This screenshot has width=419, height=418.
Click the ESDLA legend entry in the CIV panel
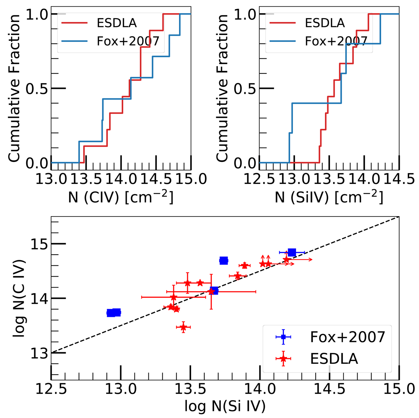click(x=116, y=23)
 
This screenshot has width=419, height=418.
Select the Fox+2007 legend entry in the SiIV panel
click(x=336, y=41)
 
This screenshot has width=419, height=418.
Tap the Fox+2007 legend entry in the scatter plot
click(x=347, y=337)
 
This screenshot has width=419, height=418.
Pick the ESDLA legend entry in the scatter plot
click(x=333, y=359)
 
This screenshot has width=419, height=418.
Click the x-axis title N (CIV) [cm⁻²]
click(x=120, y=198)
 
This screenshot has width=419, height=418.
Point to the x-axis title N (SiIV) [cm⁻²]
click(x=329, y=198)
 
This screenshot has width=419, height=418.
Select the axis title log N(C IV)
click(x=20, y=298)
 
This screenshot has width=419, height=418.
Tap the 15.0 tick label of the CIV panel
click(x=191, y=179)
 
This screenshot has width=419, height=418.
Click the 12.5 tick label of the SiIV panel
click(x=259, y=179)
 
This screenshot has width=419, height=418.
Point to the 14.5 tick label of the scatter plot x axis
click(x=329, y=389)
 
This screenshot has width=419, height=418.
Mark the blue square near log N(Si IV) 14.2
click(x=292, y=252)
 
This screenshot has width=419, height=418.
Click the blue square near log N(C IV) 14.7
click(x=224, y=260)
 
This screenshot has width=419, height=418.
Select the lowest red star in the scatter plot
click(x=183, y=327)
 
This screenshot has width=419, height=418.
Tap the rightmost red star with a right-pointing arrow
click(x=286, y=260)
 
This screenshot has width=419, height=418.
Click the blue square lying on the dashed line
click(x=214, y=291)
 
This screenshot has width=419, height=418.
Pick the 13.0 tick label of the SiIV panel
click(x=294, y=179)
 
